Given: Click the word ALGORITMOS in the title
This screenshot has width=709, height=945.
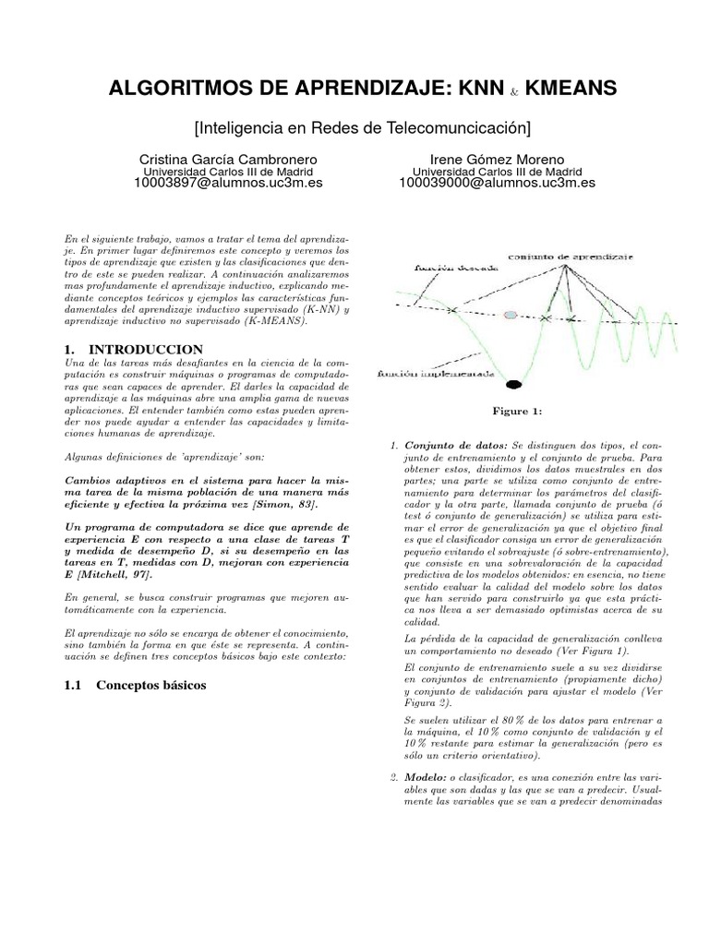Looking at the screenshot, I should pos(174,89).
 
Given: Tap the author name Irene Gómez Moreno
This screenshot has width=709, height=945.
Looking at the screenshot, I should pos(496,159).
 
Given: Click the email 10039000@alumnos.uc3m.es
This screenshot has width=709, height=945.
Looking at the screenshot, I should pos(496,183).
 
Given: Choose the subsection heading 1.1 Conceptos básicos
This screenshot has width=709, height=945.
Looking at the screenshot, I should pos(134,686).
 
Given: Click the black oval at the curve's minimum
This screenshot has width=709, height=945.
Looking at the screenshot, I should pos(513,382).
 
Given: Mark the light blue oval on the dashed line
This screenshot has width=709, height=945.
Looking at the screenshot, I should pos(511,316).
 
